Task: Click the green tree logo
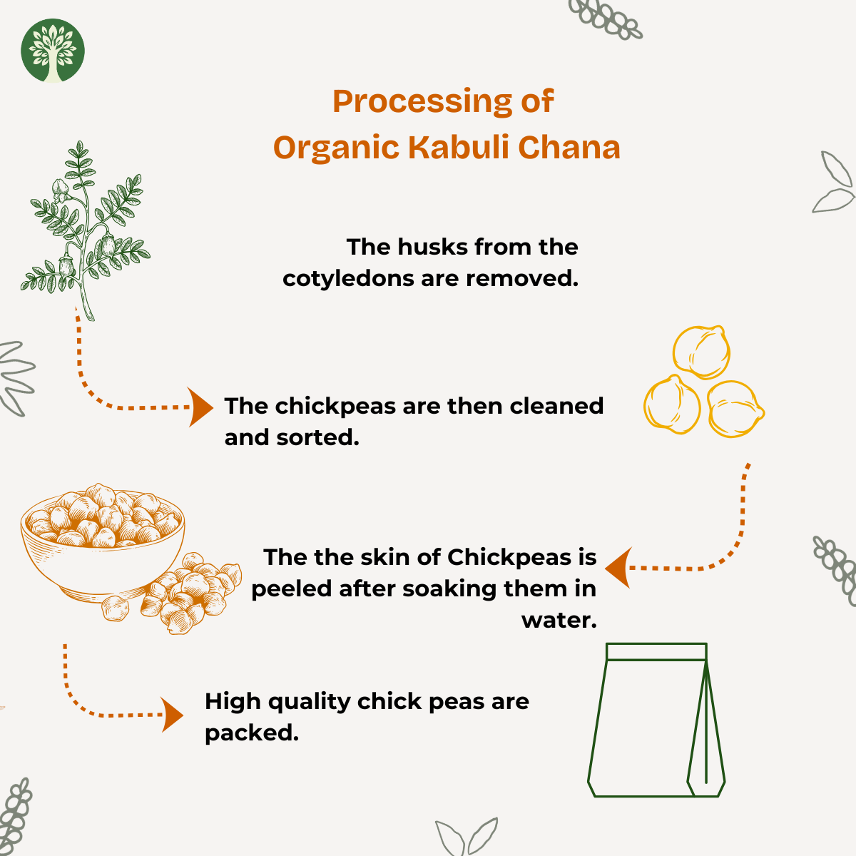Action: [x=52, y=51]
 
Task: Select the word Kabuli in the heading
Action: [x=458, y=147]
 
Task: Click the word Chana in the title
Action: [x=569, y=147]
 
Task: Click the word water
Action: [x=559, y=621]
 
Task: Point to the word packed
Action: [x=251, y=733]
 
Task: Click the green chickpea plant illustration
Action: [x=86, y=230]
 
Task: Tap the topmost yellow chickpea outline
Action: [x=701, y=352]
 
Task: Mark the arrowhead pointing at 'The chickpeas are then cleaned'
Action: [x=200, y=407]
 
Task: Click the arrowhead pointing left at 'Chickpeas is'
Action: [x=618, y=568]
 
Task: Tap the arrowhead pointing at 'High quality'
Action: [x=173, y=715]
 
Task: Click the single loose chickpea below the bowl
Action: [x=116, y=608]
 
